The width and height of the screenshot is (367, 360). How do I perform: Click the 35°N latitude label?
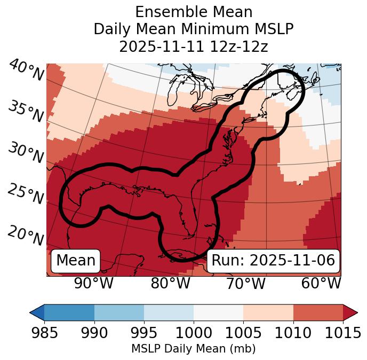pyautogui.click(x=26, y=112)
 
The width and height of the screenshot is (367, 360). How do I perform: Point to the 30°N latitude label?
pyautogui.click(x=25, y=154)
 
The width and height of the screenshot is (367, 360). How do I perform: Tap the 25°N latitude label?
pyautogui.click(x=25, y=194)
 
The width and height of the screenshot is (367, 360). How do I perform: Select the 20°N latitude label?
pyautogui.click(x=26, y=236)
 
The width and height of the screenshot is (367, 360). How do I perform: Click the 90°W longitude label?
pyautogui.click(x=94, y=283)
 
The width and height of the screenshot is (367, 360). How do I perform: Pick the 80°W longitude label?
pyautogui.click(x=171, y=283)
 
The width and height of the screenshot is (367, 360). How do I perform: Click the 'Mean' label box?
pyautogui.click(x=76, y=261)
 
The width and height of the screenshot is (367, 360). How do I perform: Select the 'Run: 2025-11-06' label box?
pyautogui.click(x=273, y=261)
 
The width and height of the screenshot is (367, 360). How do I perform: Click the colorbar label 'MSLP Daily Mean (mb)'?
pyautogui.click(x=194, y=349)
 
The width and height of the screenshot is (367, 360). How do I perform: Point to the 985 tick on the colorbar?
pyautogui.click(x=44, y=333)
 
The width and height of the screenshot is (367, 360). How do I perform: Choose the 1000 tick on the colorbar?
pyautogui.click(x=194, y=333)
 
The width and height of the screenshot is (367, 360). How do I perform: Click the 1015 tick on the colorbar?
pyautogui.click(x=342, y=333)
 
